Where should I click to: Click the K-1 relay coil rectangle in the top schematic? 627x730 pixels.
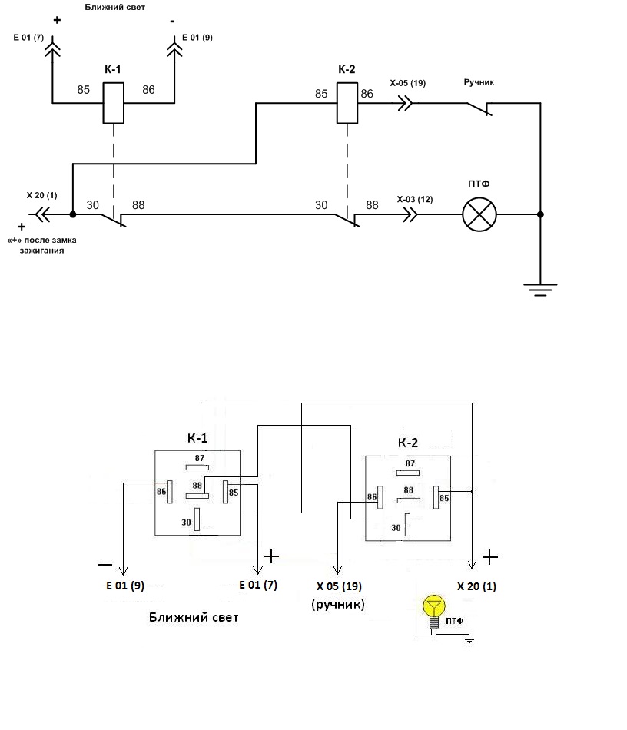click(x=113, y=103)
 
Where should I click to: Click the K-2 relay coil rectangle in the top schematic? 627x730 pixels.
click(x=347, y=103)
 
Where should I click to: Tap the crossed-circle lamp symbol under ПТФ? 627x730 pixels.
click(x=479, y=214)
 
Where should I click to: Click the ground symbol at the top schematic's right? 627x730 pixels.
click(x=540, y=290)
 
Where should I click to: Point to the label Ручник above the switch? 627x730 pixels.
click(x=479, y=82)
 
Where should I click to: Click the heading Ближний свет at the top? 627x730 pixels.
click(x=115, y=7)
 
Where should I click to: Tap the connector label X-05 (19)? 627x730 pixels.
click(x=408, y=83)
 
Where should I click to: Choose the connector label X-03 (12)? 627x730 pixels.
click(x=415, y=199)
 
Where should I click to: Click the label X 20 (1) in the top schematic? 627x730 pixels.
click(x=42, y=195)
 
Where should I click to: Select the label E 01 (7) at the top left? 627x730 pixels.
click(x=28, y=37)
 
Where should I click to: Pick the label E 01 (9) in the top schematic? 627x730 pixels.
click(x=197, y=37)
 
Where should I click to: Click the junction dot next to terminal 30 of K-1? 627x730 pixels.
click(x=73, y=214)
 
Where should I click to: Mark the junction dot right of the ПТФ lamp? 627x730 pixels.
click(x=540, y=214)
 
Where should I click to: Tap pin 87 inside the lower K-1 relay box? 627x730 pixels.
click(x=197, y=467)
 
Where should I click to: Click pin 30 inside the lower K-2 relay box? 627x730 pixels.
click(x=407, y=525)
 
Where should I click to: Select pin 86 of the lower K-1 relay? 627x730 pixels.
click(x=170, y=492)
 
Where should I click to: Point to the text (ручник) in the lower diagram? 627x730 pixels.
click(x=338, y=604)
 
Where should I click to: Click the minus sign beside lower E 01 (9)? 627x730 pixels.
click(x=105, y=565)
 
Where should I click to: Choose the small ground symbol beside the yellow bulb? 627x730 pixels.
click(x=469, y=641)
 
